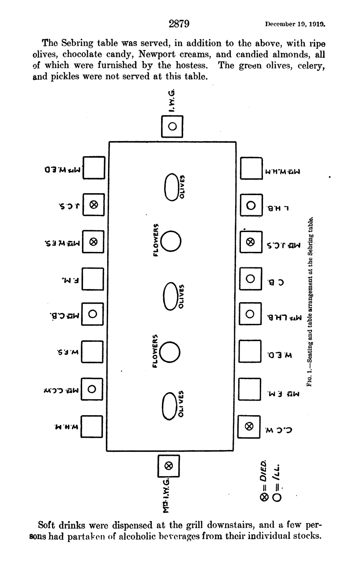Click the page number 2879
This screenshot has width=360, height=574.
click(x=179, y=23)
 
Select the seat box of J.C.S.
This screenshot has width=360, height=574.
click(x=94, y=205)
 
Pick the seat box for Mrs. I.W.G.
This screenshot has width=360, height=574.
click(x=169, y=465)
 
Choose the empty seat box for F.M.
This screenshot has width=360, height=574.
click(x=94, y=278)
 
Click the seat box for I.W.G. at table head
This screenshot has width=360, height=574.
click(x=172, y=126)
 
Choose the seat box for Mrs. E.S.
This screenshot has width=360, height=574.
click(x=94, y=241)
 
